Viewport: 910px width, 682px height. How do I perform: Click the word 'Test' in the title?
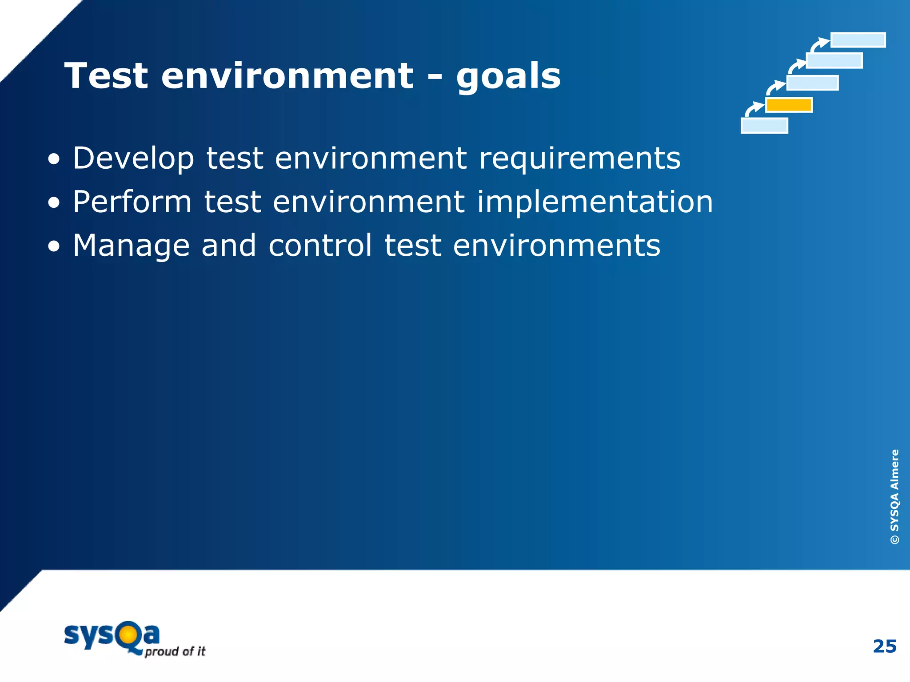(106, 76)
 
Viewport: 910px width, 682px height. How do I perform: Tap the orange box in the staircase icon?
(789, 105)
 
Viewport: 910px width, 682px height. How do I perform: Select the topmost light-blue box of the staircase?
(858, 40)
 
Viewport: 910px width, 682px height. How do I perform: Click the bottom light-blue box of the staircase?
(764, 126)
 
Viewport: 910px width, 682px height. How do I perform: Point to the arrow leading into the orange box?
(754, 108)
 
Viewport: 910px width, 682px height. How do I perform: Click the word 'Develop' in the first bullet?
(133, 159)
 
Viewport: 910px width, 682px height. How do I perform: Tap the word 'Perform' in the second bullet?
(132, 202)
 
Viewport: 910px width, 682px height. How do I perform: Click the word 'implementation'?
(595, 202)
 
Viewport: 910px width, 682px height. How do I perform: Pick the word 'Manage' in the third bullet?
(131, 246)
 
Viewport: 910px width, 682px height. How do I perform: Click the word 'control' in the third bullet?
(320, 245)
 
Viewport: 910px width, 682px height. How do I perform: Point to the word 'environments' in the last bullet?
(556, 246)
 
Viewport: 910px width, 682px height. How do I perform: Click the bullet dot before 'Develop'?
(54, 159)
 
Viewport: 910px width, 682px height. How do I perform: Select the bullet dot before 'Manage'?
(54, 247)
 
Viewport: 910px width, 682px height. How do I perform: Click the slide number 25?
(884, 646)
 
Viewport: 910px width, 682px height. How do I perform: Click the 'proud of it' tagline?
(175, 651)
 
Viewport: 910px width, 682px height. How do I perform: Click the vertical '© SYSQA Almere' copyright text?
(894, 496)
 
